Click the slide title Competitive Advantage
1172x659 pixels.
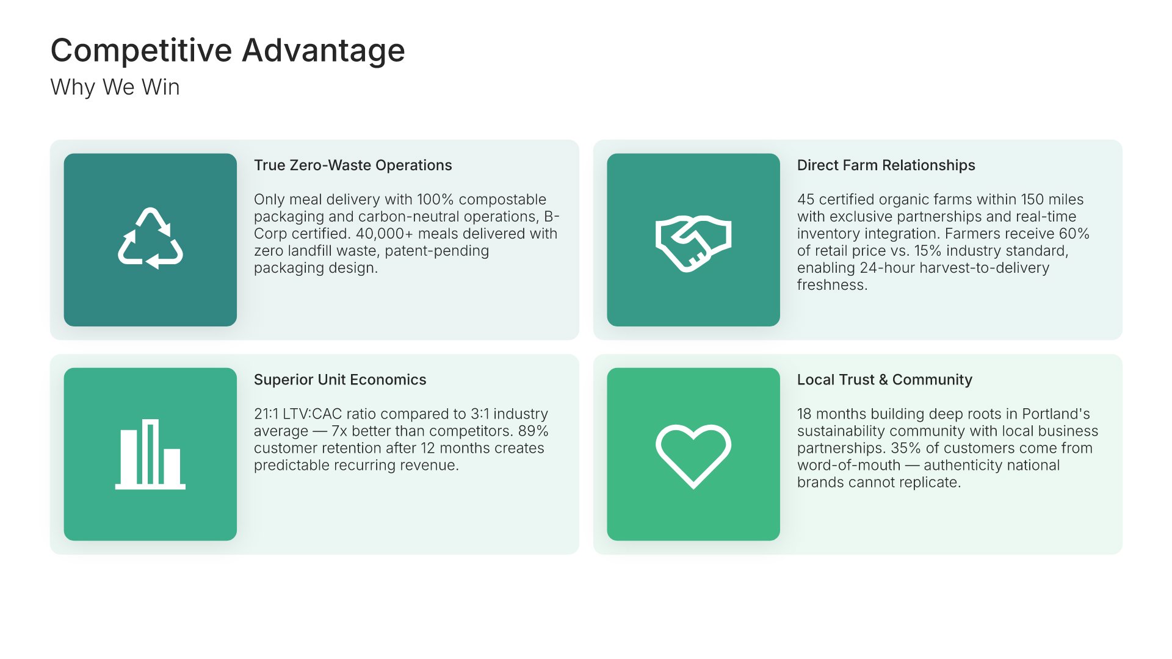pos(228,51)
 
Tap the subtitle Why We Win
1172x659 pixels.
pos(115,87)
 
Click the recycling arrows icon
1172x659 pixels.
pos(150,239)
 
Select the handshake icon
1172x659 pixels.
pos(693,243)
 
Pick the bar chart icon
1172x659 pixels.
pos(150,454)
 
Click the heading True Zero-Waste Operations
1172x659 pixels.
pos(353,165)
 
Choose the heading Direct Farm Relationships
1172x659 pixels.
pos(886,165)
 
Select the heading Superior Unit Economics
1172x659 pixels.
pos(340,380)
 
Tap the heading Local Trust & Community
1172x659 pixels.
pos(884,380)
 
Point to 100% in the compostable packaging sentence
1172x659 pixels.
pos(435,200)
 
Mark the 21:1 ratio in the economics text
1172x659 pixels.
pos(266,414)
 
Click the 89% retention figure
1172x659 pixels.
pos(533,431)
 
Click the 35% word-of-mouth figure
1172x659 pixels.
pos(906,448)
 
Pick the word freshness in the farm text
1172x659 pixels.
pos(832,285)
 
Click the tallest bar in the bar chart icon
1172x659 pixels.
pos(150,452)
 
